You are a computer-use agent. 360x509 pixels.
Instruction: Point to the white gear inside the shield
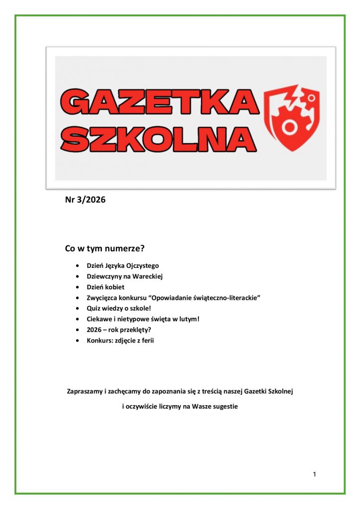287,127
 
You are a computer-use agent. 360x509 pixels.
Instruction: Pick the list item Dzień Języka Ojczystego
123,266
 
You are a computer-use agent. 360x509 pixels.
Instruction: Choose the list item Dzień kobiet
105,287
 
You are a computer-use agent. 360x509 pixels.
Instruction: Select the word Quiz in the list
93,308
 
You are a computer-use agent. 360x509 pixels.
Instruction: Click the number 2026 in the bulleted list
94,330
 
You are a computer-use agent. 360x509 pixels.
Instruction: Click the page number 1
314,474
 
